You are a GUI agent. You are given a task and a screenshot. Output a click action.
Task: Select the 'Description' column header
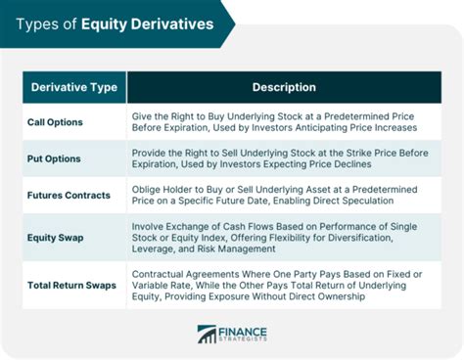click(284, 88)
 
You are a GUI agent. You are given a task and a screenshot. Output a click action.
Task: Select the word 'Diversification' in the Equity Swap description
click(392, 236)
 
